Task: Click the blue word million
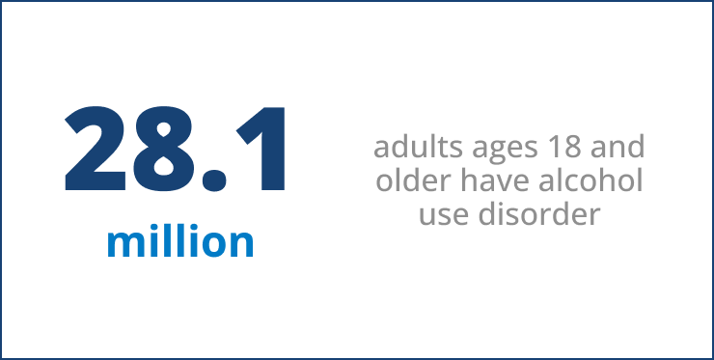180,241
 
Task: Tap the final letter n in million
242,244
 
